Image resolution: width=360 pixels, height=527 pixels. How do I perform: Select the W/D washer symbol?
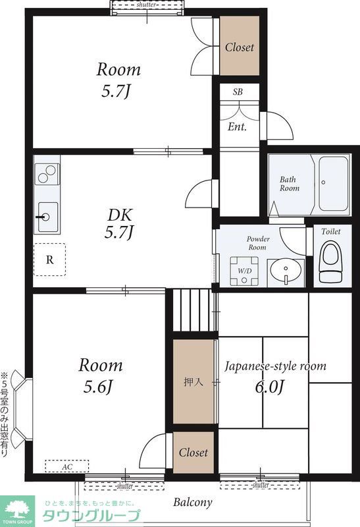[x=244, y=271]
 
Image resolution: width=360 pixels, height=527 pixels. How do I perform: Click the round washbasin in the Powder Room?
[x=286, y=271]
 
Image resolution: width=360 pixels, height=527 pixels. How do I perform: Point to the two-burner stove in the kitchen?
[x=47, y=174]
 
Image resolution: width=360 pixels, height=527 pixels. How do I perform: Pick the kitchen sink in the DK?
[x=47, y=217]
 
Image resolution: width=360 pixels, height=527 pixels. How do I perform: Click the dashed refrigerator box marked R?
[x=50, y=260]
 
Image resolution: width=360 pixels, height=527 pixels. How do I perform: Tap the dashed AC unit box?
[x=67, y=466]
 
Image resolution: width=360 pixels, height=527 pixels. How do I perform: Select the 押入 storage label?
[x=193, y=382]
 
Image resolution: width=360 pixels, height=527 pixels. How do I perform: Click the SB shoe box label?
[x=238, y=92]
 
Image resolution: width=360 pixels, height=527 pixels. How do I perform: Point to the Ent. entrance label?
[x=237, y=126]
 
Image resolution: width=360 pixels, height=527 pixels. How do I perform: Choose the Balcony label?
[x=193, y=503]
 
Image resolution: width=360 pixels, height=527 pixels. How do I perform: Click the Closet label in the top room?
[x=240, y=47]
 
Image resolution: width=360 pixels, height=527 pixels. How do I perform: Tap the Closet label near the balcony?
[x=193, y=453]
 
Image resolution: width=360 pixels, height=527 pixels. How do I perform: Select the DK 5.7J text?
[x=120, y=223]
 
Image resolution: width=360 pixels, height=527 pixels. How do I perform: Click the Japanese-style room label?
[x=275, y=366]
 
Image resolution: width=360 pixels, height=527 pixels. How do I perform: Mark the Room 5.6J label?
[x=101, y=375]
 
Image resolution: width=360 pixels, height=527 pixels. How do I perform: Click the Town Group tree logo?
[x=18, y=509]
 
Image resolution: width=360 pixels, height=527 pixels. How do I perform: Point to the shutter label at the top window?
[x=146, y=5]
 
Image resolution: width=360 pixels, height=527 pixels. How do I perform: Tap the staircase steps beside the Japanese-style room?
[x=193, y=310]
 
